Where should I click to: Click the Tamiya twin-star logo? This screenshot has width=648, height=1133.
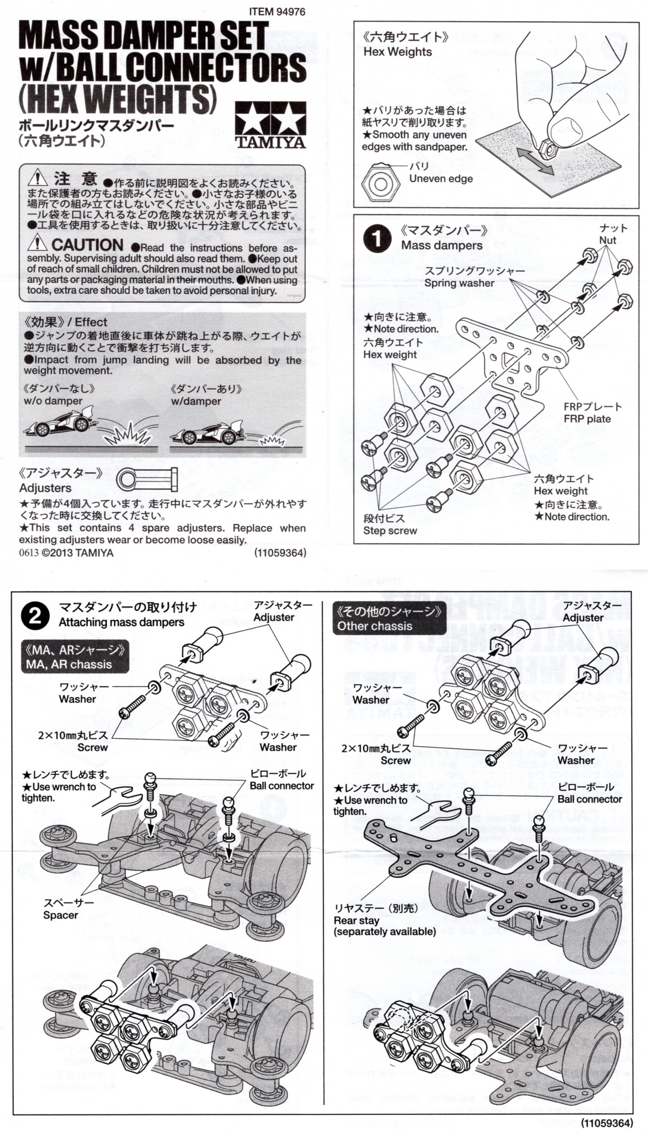click(270, 125)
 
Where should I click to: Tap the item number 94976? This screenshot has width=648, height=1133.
click(277, 12)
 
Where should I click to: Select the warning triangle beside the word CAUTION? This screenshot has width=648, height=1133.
click(37, 243)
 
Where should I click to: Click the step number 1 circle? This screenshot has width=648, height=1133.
click(376, 239)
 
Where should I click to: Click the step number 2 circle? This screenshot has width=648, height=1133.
click(35, 617)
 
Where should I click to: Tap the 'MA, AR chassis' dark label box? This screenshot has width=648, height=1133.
click(75, 657)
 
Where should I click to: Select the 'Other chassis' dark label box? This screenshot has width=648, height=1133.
click(389, 618)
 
